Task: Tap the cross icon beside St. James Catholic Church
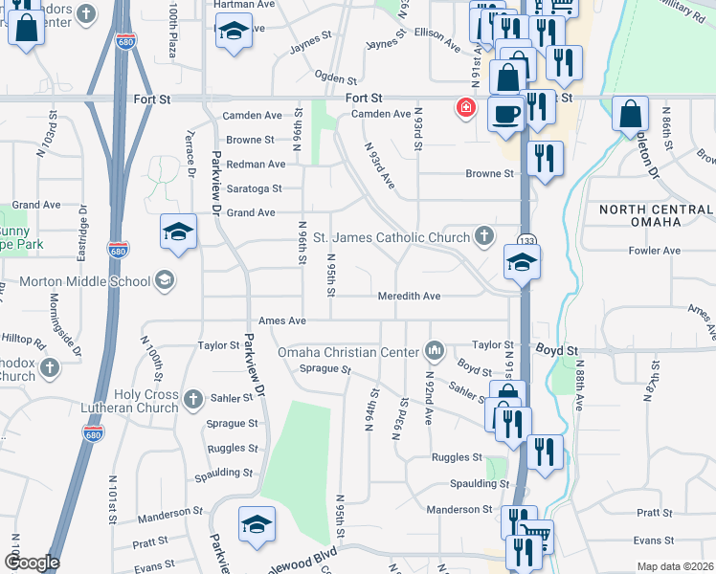[x=485, y=236]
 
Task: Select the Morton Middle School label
[x=85, y=281]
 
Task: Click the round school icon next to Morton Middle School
[x=164, y=280]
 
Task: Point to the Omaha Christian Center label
[x=350, y=351]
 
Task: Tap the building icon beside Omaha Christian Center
[x=436, y=351]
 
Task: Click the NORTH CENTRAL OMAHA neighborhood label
[x=656, y=215]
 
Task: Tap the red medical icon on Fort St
[x=466, y=108]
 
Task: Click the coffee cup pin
[x=506, y=114]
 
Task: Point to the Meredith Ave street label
[x=408, y=297]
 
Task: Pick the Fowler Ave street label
[x=656, y=251]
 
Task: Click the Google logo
[x=32, y=563]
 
